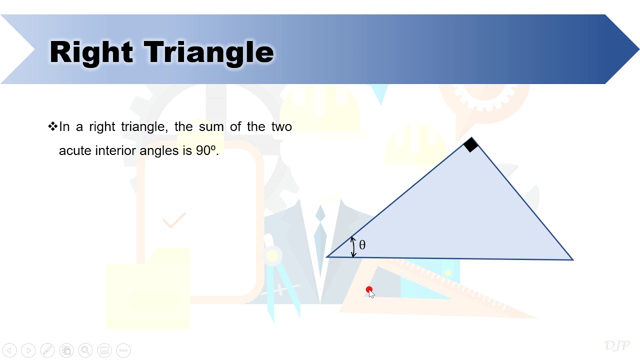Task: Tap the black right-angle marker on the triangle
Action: pos(470,145)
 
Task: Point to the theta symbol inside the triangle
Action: pos(362,245)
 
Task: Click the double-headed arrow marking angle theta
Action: pos(353,247)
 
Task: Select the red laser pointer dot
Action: pos(369,289)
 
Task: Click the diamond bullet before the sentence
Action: pos(52,126)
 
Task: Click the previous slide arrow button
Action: pos(9,350)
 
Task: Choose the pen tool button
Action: pos(47,350)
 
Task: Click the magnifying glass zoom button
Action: pos(85,350)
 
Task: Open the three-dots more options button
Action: pos(123,350)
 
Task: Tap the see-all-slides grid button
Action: pos(66,350)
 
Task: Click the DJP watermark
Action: pos(616,345)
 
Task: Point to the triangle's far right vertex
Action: pos(572,259)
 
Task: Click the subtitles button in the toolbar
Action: pos(104,350)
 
